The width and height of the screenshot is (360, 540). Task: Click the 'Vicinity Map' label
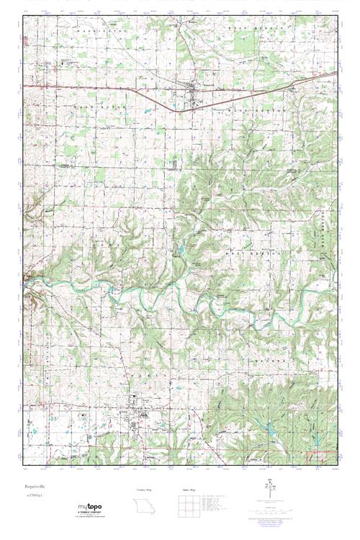(145, 490)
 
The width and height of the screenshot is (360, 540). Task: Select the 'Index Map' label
(188, 490)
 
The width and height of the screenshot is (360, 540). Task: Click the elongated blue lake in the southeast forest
(272, 430)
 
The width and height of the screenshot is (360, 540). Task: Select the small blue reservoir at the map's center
(179, 250)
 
